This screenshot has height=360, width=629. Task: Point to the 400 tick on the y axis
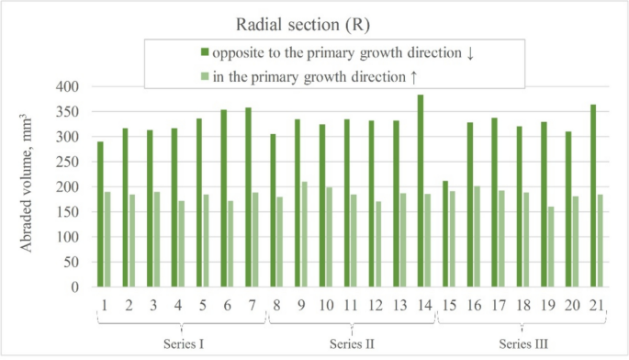tap(68, 87)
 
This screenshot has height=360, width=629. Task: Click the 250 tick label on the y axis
tap(68, 162)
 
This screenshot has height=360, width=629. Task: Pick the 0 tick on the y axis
tap(78, 287)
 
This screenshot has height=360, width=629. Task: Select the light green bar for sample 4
tap(181, 243)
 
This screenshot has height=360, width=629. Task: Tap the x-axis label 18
tap(522, 302)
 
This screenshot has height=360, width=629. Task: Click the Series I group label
tap(181, 343)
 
